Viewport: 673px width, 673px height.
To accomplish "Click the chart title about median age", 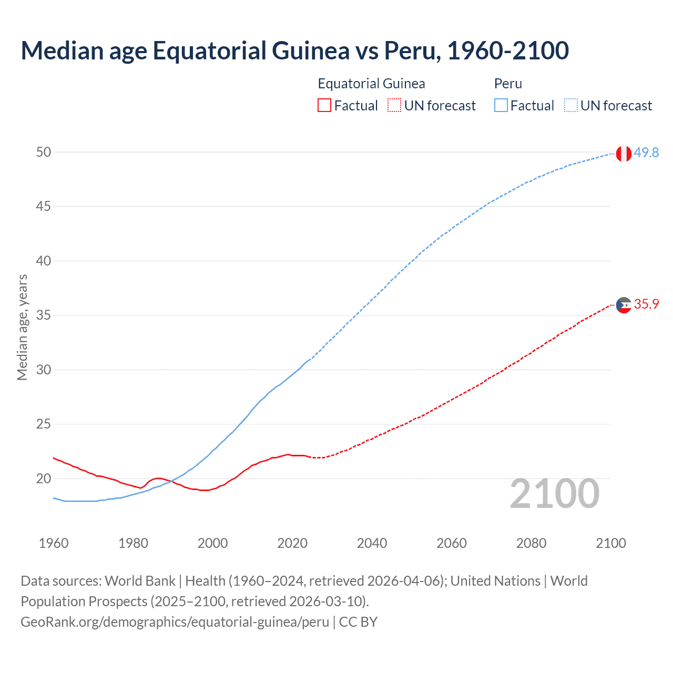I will tap(294, 51).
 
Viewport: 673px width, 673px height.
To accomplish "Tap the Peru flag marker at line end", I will tap(624, 154).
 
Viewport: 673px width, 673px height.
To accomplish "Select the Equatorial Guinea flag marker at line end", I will tap(624, 305).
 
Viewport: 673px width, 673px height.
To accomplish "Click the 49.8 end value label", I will tap(646, 152).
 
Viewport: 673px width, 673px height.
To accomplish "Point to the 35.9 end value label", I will tap(646, 304).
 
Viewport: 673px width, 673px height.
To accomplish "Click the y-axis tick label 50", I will tap(44, 152).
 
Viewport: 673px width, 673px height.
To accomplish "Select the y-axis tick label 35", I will tap(44, 315).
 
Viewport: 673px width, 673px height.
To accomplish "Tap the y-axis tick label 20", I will tap(44, 478).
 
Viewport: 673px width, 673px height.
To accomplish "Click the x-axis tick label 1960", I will tap(54, 543).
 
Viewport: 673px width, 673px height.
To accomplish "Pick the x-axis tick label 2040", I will tap(372, 543).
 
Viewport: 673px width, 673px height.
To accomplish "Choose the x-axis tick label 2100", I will tap(610, 543).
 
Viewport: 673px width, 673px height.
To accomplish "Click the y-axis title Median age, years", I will tap(22, 327).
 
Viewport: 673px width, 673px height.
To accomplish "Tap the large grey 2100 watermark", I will tap(554, 494).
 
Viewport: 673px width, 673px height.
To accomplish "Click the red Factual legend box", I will tap(324, 106).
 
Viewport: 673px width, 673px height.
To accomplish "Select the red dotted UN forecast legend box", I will tap(394, 106).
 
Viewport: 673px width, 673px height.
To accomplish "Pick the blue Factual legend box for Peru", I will tap(501, 106).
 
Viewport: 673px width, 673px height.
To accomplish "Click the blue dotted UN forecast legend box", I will tap(570, 106).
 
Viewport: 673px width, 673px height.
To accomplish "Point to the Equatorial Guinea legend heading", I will tap(371, 84).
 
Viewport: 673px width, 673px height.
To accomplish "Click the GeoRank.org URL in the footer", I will tap(175, 622).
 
